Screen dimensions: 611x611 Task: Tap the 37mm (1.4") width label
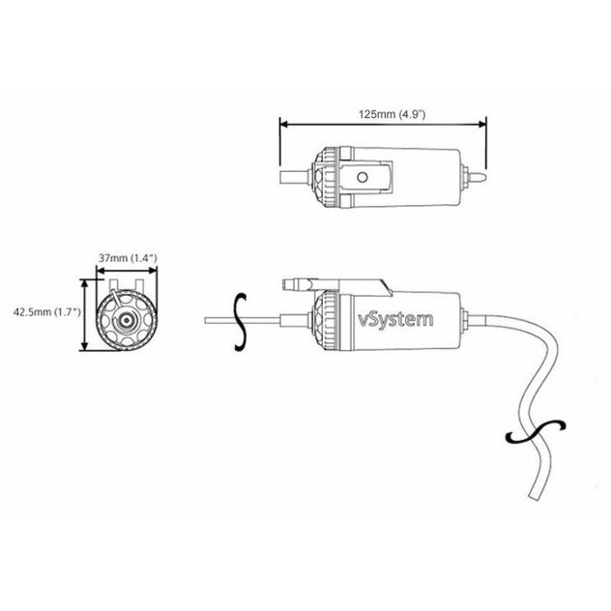(x=121, y=258)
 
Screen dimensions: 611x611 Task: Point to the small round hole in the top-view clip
(x=364, y=177)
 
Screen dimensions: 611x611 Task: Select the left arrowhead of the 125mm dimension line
(x=283, y=124)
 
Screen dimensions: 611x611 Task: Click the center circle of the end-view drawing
(x=127, y=320)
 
